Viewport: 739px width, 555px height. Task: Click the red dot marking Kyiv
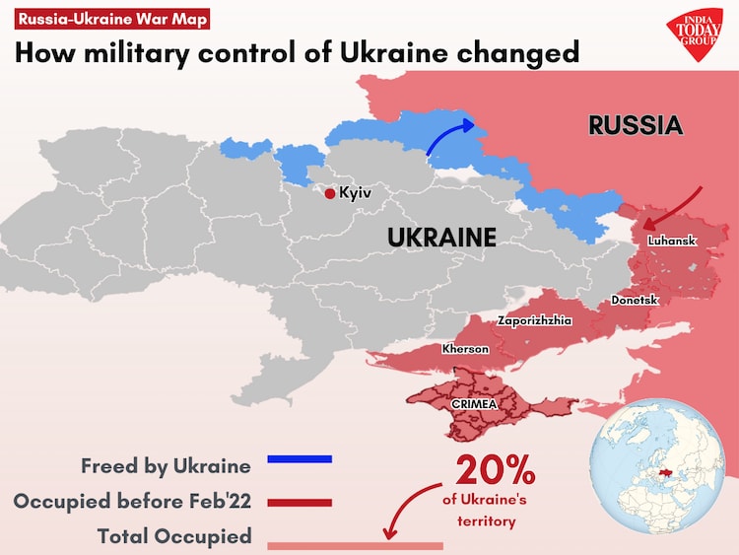coord(330,193)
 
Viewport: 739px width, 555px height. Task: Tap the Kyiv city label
coord(355,193)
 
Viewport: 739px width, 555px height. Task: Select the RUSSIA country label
coord(635,125)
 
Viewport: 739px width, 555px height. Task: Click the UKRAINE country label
coord(440,238)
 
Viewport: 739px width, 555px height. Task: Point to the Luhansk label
coord(672,241)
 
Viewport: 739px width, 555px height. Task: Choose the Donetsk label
coord(635,299)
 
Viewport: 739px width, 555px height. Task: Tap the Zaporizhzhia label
coord(535,320)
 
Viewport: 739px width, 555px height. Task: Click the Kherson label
coord(465,349)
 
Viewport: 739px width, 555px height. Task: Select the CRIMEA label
coord(474,403)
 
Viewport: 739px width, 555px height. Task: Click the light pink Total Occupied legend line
coord(355,545)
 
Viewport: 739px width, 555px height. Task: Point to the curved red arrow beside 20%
coord(409,508)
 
